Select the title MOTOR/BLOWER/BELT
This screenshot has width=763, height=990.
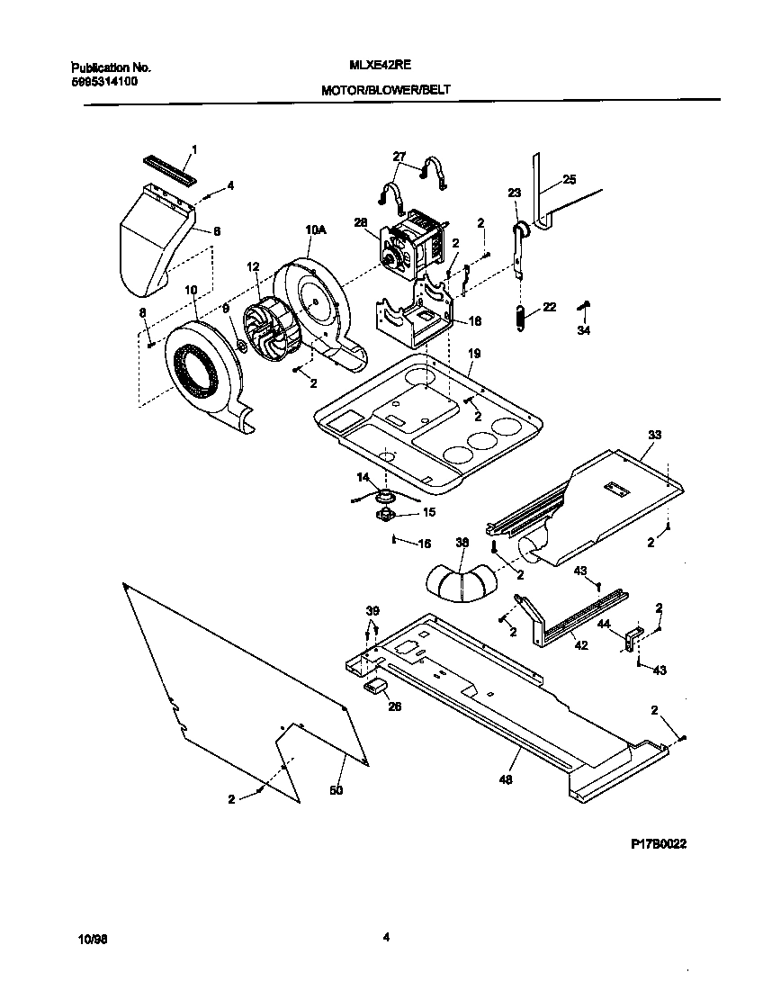pos(384,91)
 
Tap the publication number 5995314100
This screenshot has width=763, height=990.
pos(104,81)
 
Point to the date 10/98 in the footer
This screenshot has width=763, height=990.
pos(92,938)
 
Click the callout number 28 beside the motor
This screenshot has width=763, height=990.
pos(362,222)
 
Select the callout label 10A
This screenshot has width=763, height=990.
pos(315,230)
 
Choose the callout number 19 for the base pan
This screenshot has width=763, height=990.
pos(473,355)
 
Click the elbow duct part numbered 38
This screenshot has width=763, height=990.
pos(462,584)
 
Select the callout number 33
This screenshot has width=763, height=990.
pos(653,435)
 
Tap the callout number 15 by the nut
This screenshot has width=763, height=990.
pos(428,512)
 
